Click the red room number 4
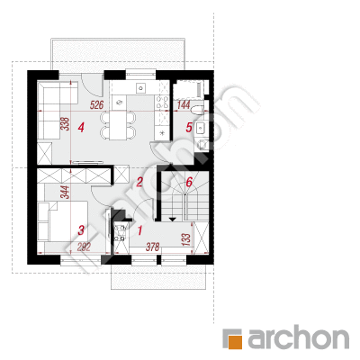click(x=81, y=128)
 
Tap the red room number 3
click(x=81, y=230)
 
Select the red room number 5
click(x=188, y=128)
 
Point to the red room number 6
click(x=189, y=182)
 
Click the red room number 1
click(x=139, y=230)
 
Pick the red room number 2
click(x=139, y=182)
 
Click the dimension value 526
click(x=97, y=105)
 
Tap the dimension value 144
click(x=184, y=105)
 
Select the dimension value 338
click(x=65, y=123)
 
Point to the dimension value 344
click(x=65, y=192)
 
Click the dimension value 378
click(x=152, y=247)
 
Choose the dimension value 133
click(x=186, y=239)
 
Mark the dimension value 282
click(x=84, y=247)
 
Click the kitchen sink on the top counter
click(x=140, y=88)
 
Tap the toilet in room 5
click(x=198, y=110)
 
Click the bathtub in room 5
click(x=189, y=89)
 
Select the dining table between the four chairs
click(x=118, y=125)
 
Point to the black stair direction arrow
click(x=172, y=219)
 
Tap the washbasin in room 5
click(x=200, y=129)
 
